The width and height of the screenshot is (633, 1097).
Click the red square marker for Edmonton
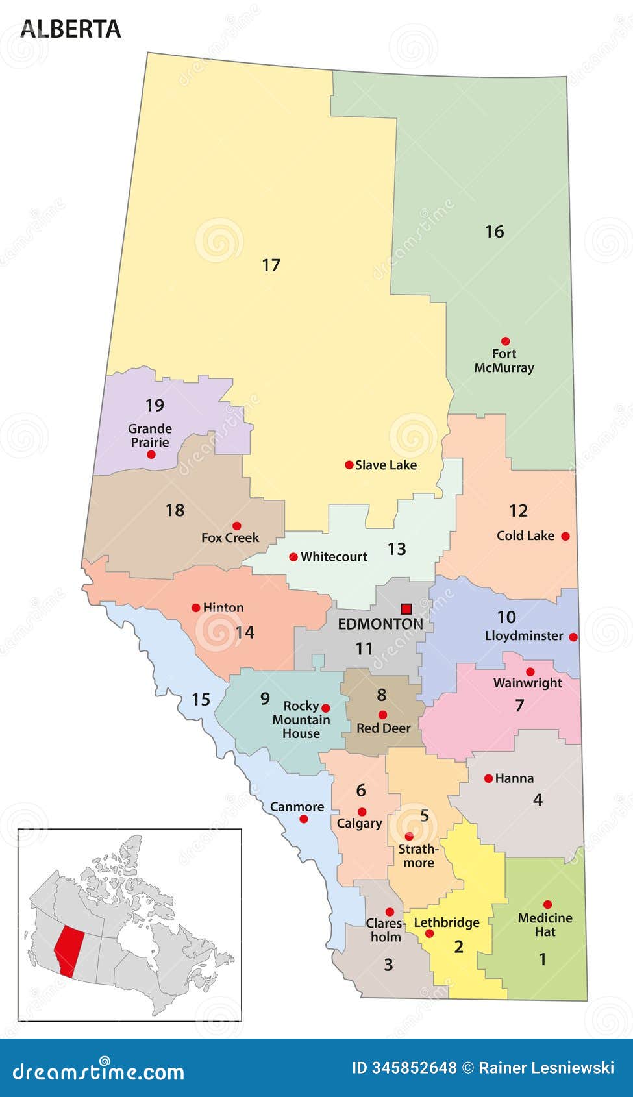coord(406,608)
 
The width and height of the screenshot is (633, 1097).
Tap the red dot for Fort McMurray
coord(505,341)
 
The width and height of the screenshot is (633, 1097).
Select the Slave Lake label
coord(386,465)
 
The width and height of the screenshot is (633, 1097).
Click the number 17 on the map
coord(271,265)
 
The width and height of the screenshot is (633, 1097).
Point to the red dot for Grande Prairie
coord(151,454)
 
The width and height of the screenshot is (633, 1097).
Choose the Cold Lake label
coord(525,536)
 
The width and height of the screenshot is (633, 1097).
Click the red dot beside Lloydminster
coord(573,637)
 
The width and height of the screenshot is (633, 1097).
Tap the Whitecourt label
coord(334,556)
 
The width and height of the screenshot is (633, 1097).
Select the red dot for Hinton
coord(195,608)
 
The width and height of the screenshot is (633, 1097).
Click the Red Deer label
coord(383,728)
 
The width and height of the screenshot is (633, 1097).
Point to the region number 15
coord(201,699)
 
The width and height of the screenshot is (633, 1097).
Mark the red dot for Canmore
coord(303,819)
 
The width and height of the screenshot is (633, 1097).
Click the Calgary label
coord(359,823)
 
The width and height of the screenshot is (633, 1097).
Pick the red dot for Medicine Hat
coord(547,904)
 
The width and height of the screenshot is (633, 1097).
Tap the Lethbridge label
coord(447,922)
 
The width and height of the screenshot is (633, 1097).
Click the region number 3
coord(388,965)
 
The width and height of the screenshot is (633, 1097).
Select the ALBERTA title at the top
coord(70,29)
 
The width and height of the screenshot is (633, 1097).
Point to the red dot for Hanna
coord(488,778)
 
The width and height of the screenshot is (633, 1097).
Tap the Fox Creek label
coord(230,537)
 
